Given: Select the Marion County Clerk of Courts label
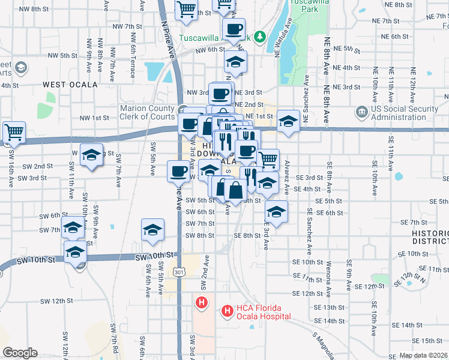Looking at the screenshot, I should click(x=147, y=112).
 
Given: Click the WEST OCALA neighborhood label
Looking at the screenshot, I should click(x=70, y=85).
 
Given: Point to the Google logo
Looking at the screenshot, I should click(x=20, y=353).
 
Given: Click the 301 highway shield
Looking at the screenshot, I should click(x=190, y=273).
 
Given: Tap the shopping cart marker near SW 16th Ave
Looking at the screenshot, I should click(x=13, y=132).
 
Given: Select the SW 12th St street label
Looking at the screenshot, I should click(x=56, y=300).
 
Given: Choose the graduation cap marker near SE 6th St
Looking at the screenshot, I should click(x=276, y=212).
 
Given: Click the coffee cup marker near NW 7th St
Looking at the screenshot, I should click(x=234, y=28).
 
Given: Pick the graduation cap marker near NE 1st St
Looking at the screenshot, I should click(x=288, y=122).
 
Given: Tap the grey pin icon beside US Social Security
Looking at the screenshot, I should click(x=362, y=112).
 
